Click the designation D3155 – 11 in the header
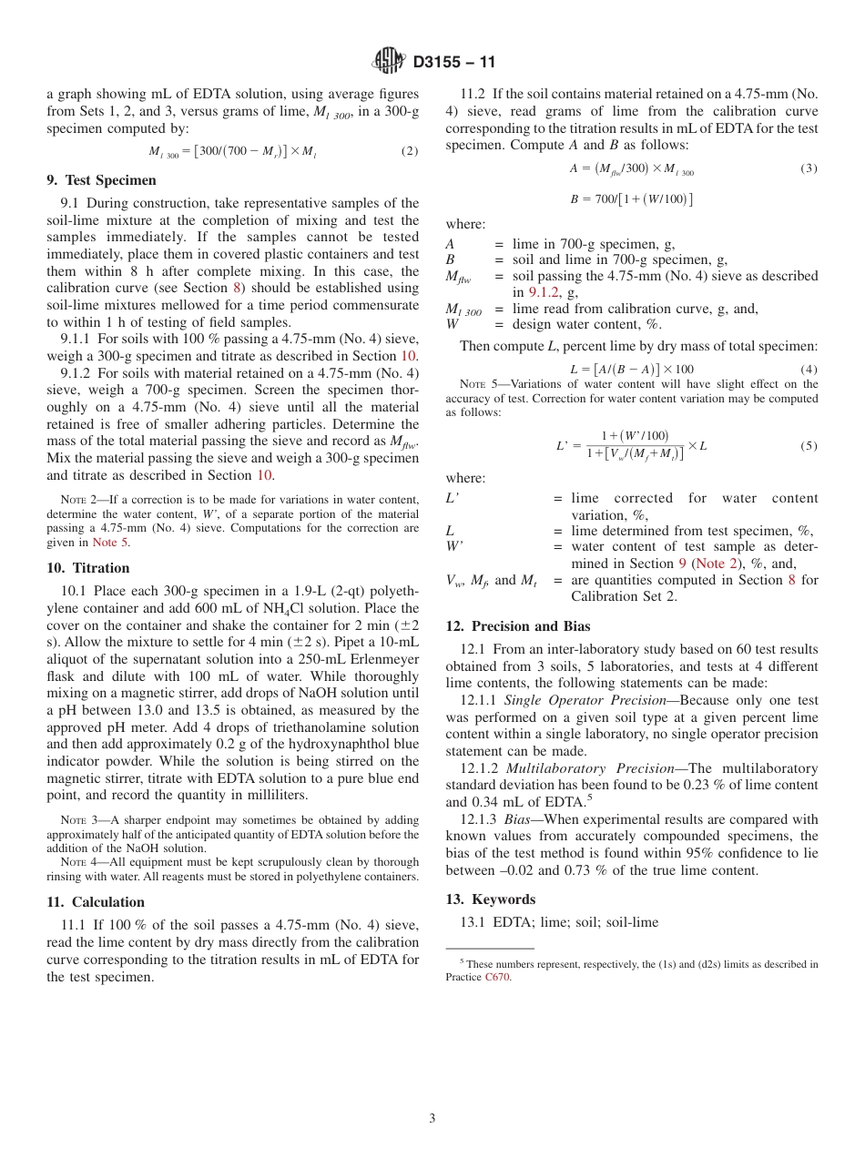453,63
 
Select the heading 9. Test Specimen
101,180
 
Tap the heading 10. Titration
88,568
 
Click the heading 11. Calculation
96,902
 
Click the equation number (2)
410,151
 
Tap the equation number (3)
809,168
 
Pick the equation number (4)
809,369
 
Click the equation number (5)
809,446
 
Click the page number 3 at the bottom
432,1118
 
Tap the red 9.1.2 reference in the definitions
546,292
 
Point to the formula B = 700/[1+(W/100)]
631,199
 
